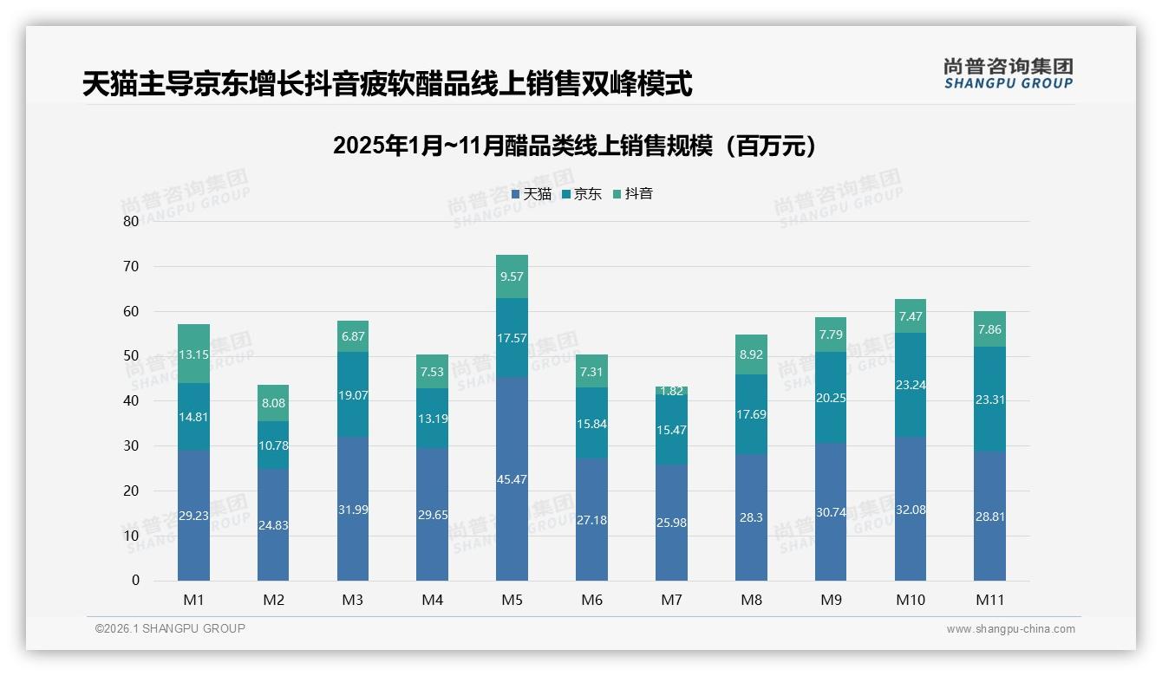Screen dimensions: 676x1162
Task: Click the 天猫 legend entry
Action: (532, 194)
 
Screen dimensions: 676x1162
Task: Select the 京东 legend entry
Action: (582, 194)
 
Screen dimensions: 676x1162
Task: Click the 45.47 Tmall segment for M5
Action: (512, 479)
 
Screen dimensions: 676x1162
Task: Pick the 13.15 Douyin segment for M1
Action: (193, 354)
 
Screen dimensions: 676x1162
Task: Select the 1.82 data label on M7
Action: (671, 391)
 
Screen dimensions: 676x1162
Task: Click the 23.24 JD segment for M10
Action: (911, 385)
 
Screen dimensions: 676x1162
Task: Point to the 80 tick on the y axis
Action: (131, 221)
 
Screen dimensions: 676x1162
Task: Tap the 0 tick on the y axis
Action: (135, 581)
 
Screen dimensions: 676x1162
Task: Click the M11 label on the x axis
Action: (989, 600)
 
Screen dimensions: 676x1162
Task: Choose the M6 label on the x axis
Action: (591, 600)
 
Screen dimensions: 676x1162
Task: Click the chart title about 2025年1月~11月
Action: (575, 146)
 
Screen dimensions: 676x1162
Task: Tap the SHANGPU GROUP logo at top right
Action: (1008, 74)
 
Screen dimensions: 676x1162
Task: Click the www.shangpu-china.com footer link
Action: (1010, 629)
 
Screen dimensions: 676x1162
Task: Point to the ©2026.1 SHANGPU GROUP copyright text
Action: (170, 628)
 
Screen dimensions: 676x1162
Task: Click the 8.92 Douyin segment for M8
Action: (751, 354)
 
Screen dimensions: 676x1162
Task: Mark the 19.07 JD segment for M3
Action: (353, 394)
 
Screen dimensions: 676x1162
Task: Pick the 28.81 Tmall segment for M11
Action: (989, 516)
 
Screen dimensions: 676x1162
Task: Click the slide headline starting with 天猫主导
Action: (387, 84)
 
